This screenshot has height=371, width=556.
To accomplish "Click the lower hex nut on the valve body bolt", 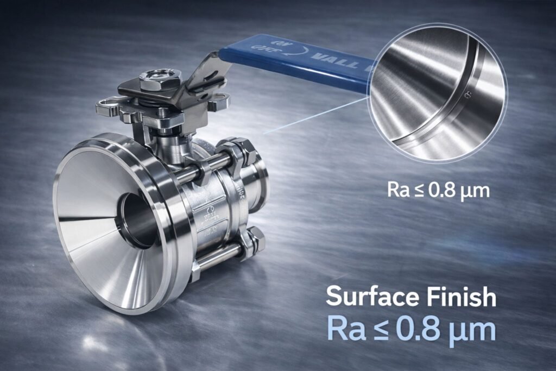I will pos(253,239).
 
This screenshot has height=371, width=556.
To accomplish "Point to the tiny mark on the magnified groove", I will pos(463,97).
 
